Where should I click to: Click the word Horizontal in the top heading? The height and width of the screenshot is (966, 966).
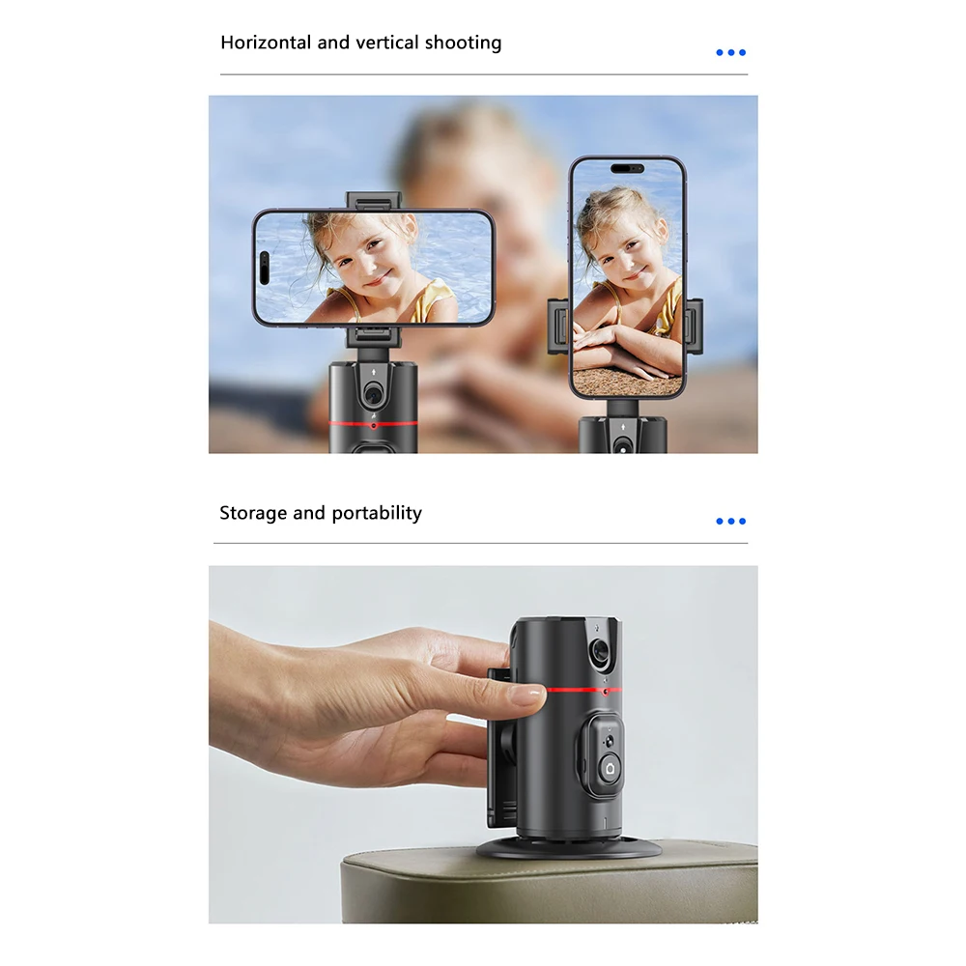coord(266,43)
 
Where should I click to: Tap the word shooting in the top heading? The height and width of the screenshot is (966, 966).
coord(463,43)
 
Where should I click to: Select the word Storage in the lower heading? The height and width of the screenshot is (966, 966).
coord(253,513)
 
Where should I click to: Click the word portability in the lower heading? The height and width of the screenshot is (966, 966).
coord(377,513)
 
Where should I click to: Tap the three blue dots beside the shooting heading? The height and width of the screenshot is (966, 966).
coord(730,52)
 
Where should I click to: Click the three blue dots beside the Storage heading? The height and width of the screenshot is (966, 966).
coord(730,521)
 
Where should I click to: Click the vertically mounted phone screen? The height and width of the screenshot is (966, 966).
coord(627,280)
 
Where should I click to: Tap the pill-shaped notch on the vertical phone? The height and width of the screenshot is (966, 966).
coord(627,168)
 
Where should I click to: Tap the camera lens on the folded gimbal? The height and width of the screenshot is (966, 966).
coord(599,653)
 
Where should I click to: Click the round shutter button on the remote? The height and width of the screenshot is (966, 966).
coord(609,767)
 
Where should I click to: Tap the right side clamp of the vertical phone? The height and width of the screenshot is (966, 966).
coord(693,327)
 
